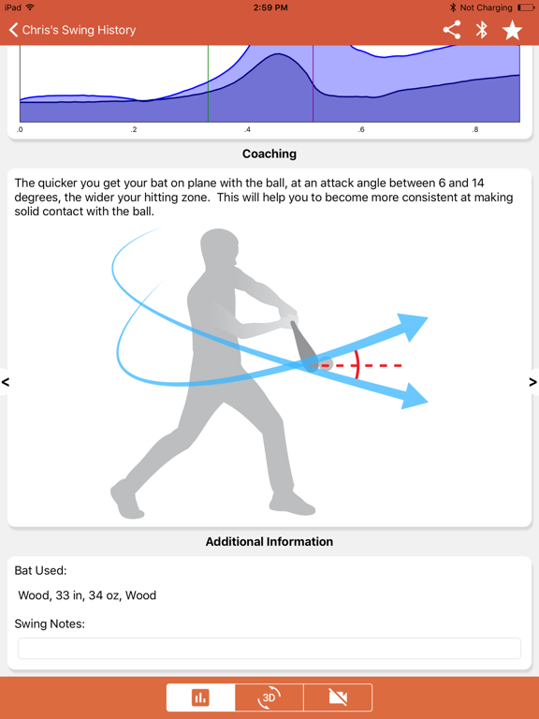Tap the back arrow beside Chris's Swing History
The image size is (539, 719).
(x=14, y=30)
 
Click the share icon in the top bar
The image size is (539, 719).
(x=452, y=30)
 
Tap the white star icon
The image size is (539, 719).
(x=512, y=30)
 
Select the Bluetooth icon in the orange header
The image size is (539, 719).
(x=482, y=30)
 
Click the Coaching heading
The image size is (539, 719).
(x=269, y=154)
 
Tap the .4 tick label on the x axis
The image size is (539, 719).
(x=247, y=130)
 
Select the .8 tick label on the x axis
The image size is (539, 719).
(x=475, y=130)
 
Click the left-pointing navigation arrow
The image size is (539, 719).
(x=7, y=382)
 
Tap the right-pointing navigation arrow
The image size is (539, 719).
(x=532, y=382)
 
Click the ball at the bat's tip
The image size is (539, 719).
(x=325, y=364)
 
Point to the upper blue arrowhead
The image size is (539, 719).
(x=413, y=327)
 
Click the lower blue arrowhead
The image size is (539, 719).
(x=414, y=399)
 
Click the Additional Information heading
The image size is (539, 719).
(x=269, y=541)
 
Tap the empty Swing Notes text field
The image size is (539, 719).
(x=269, y=648)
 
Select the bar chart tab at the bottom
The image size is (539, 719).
(x=200, y=697)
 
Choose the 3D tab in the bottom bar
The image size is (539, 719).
(x=269, y=697)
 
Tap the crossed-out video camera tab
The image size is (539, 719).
(x=338, y=697)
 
